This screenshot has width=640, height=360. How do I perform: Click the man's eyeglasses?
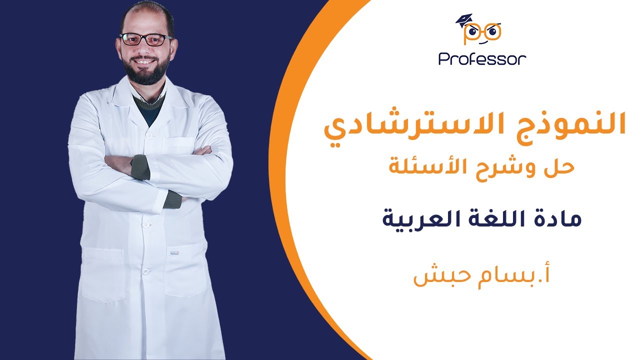[x=145, y=40]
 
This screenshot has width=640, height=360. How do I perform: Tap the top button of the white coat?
[x=148, y=134]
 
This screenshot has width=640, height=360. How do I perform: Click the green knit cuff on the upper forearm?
[x=140, y=167]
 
